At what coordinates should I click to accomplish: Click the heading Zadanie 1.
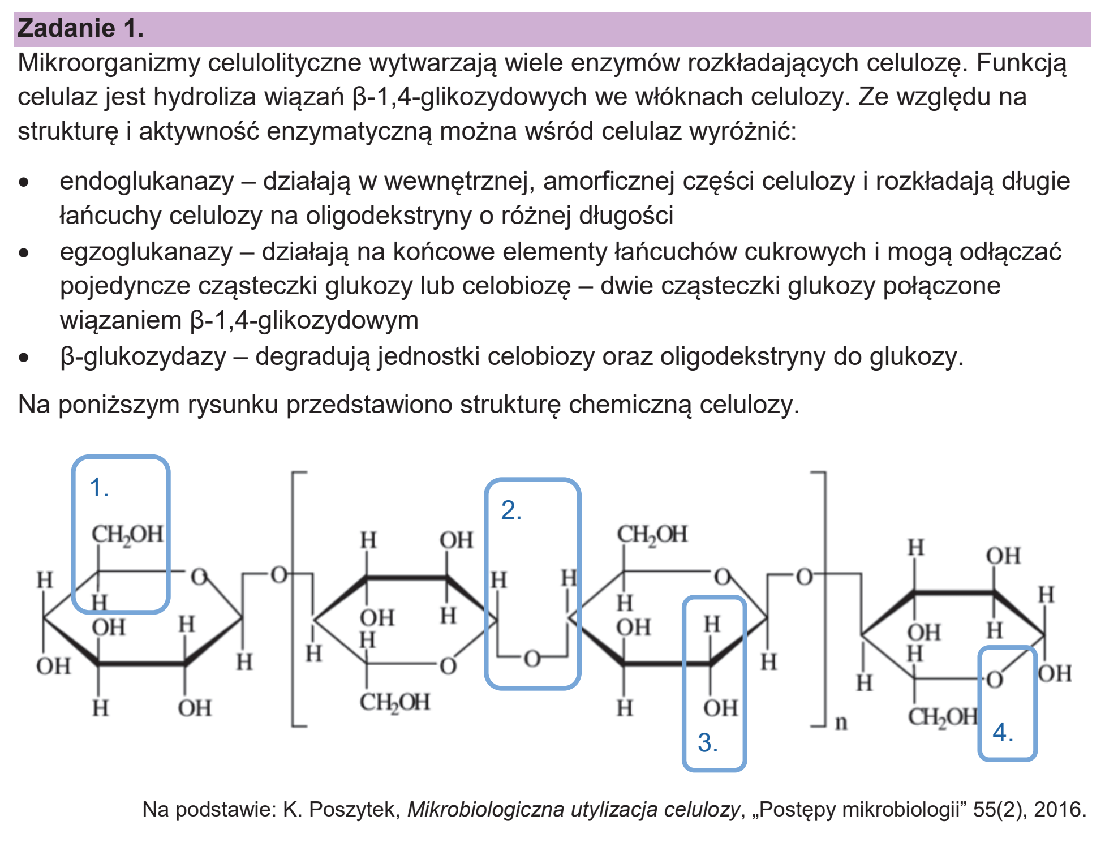(x=81, y=28)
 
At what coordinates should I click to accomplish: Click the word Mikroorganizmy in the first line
(x=109, y=63)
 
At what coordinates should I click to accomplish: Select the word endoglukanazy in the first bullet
(x=147, y=182)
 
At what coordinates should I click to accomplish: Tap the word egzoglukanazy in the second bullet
(x=146, y=252)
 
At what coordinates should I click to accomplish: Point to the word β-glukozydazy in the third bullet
(x=143, y=357)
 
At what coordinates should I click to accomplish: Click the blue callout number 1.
(x=99, y=488)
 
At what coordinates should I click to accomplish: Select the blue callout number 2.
(x=511, y=510)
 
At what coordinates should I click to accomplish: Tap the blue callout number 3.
(x=707, y=742)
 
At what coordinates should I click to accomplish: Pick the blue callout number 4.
(x=1003, y=733)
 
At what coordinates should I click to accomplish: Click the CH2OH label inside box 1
(x=127, y=534)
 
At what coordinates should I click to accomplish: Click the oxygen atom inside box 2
(x=532, y=659)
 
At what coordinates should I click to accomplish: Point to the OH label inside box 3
(x=720, y=708)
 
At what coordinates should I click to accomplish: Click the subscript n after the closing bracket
(x=841, y=723)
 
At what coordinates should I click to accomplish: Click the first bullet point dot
(x=23, y=183)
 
